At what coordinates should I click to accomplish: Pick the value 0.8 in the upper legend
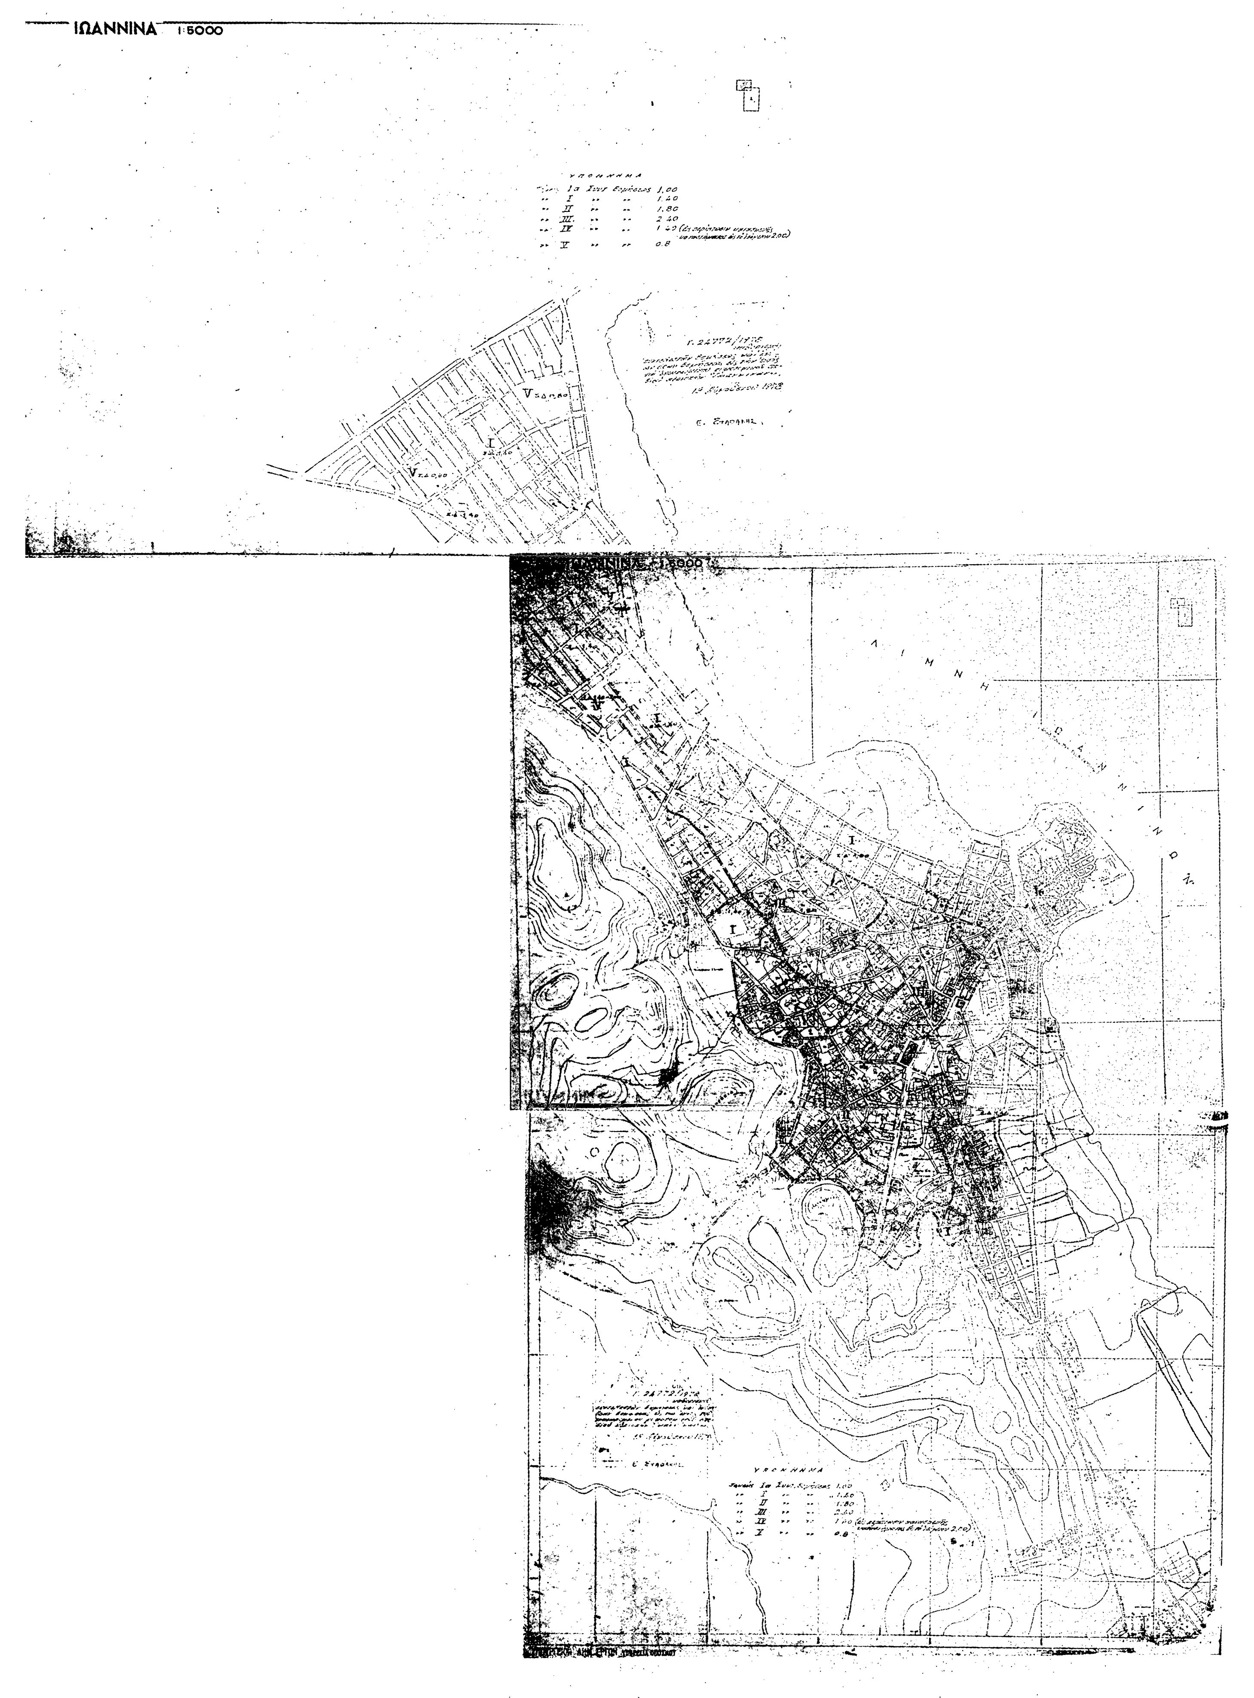662,245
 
